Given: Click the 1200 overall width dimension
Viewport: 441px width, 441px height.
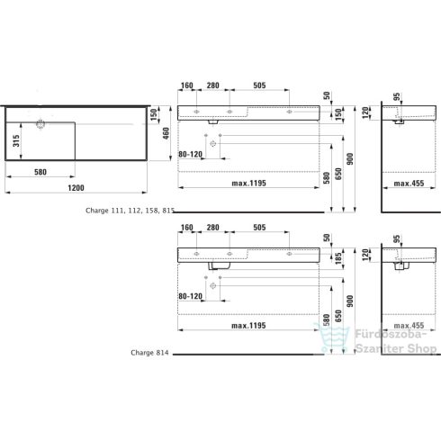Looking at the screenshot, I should coord(76,188).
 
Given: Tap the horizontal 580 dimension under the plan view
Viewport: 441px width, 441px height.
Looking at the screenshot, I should coord(40,171).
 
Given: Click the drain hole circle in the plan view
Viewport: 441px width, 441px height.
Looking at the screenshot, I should coord(40,121).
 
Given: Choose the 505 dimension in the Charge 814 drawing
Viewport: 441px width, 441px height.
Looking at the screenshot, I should coord(259,227).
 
